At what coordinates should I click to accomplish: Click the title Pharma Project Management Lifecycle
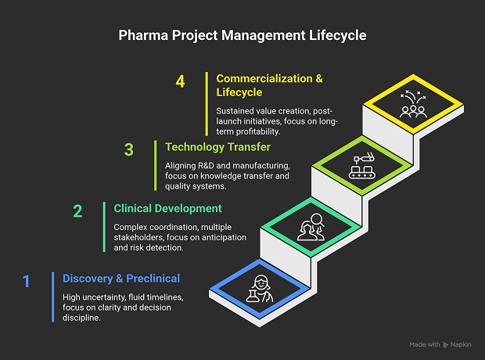pyautogui.click(x=242, y=35)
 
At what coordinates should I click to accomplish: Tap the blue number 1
pyautogui.click(x=27, y=280)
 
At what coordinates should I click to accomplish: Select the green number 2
pyautogui.click(x=77, y=211)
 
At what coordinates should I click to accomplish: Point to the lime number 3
pyautogui.click(x=129, y=149)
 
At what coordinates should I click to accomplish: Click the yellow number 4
pyautogui.click(x=181, y=81)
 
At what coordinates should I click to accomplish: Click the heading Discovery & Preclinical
pyautogui.click(x=121, y=279)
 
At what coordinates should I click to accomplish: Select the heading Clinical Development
pyautogui.click(x=167, y=209)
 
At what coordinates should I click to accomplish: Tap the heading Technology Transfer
pyautogui.click(x=217, y=146)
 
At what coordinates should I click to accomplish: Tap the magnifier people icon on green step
pyautogui.click(x=311, y=227)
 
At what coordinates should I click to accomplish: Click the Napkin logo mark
pyautogui.click(x=445, y=344)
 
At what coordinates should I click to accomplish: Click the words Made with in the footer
pyautogui.click(x=424, y=344)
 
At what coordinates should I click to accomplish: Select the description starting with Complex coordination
pyautogui.click(x=173, y=237)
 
